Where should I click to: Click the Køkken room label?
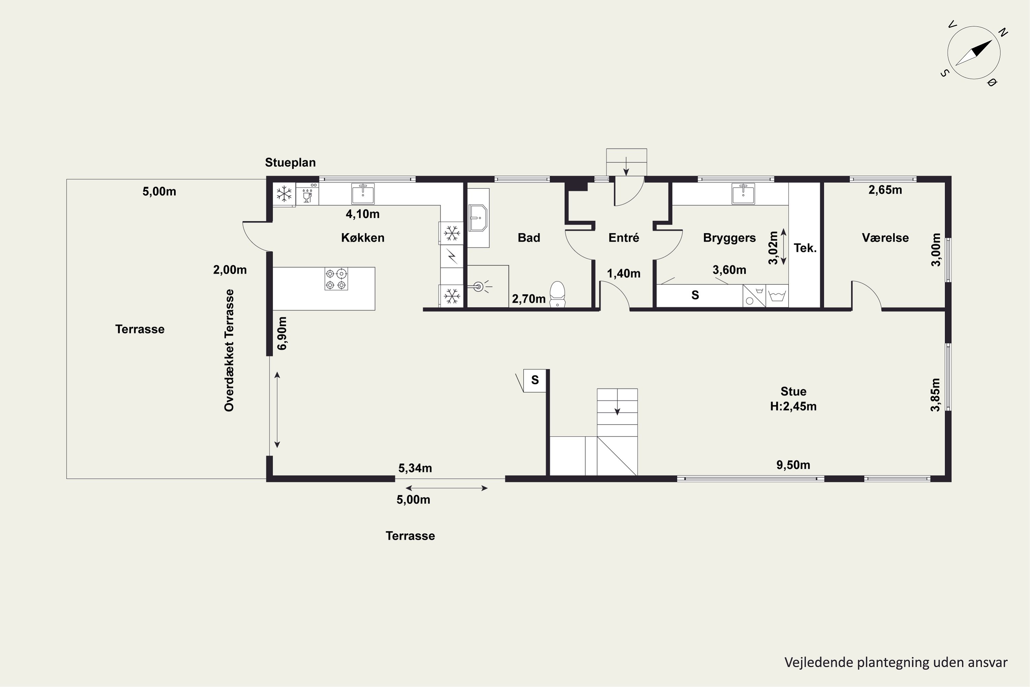coord(363,237)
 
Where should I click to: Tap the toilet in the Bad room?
coord(558,294)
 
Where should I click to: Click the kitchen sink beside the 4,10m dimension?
coord(363,194)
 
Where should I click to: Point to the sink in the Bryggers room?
coord(743,194)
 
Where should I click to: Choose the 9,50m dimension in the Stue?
coord(793,465)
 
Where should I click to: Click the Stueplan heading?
coord(290,162)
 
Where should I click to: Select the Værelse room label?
coord(885,237)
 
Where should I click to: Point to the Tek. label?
coord(805,248)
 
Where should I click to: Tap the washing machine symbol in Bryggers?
coord(777,296)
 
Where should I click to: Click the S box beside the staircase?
coord(535,380)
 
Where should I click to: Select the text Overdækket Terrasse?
coord(229,350)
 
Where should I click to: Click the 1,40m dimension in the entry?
coord(623,274)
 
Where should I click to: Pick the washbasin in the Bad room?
coord(478,218)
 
